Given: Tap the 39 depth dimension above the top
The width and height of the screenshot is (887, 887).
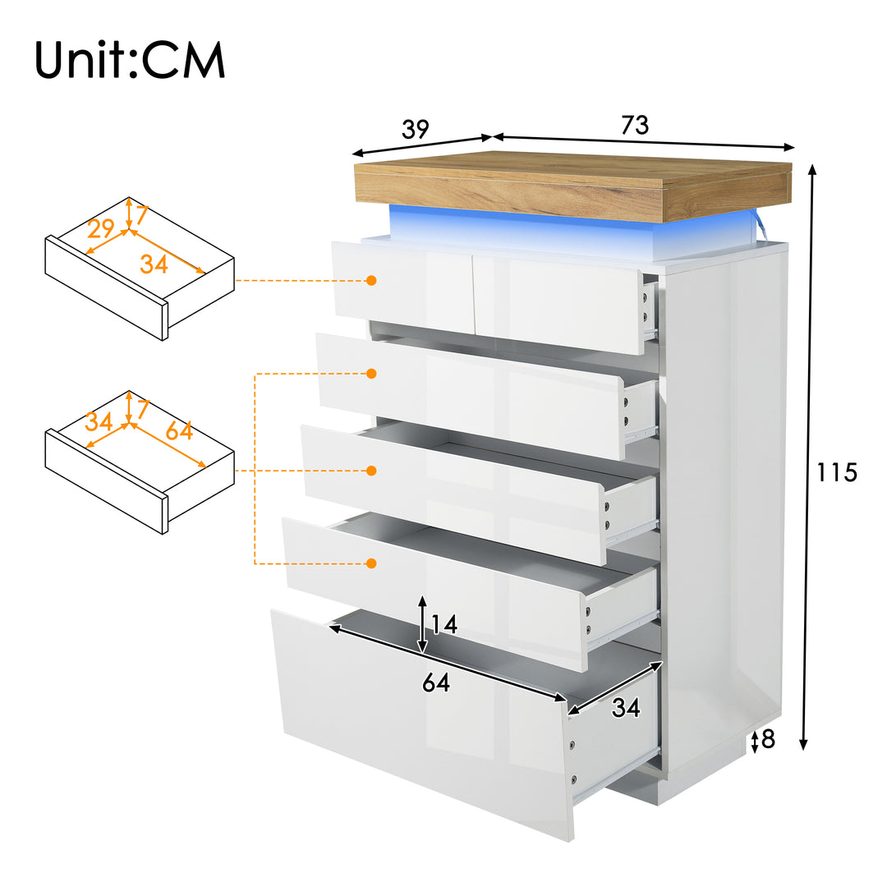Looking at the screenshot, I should (415, 129).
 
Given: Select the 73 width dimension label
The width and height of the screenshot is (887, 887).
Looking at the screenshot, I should (634, 125).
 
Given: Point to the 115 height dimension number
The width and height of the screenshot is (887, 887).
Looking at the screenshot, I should (836, 472).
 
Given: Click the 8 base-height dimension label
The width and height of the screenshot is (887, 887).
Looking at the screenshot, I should (768, 740).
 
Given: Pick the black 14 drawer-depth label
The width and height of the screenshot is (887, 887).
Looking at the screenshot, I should (443, 625).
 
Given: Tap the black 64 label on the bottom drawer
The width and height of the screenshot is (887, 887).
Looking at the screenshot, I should (436, 682).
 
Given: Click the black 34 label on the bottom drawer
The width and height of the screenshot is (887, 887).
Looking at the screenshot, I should (625, 707).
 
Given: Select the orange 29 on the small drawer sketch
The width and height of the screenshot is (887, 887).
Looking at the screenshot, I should (100, 228).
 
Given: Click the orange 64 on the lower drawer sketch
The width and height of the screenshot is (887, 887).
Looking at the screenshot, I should (179, 430).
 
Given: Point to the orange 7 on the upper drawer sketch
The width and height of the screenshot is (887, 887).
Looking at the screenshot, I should (140, 215).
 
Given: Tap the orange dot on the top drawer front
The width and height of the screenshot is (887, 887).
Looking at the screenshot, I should (371, 280).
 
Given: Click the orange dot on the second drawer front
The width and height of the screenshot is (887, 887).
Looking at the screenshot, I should (371, 374).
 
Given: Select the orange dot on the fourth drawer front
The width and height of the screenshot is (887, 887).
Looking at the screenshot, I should (371, 563).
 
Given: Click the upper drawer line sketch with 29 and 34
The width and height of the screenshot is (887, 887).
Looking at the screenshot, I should (140, 267).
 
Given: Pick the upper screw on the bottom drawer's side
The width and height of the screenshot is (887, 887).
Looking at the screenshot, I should (572, 745).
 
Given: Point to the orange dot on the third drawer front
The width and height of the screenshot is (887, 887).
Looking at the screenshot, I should (371, 471).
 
